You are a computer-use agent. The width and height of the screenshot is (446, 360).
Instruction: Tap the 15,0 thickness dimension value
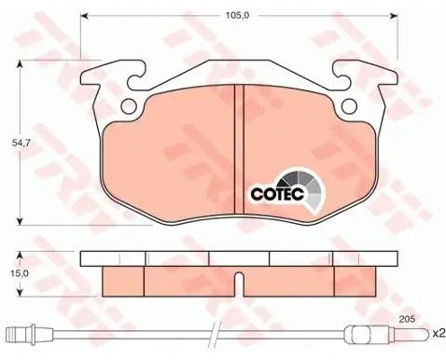click(21, 273)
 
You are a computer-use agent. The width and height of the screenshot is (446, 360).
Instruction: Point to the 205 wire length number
click(408, 319)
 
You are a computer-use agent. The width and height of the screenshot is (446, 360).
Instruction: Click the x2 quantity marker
click(439, 334)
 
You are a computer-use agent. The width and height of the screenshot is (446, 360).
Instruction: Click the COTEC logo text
click(277, 194)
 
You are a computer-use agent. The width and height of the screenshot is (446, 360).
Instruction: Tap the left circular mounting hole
click(129, 106)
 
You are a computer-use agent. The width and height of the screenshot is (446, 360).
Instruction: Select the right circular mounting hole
click(349, 106)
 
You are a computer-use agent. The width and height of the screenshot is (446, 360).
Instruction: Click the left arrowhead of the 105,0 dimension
click(85, 16)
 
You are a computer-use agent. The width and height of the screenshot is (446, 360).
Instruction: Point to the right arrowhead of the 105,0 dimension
click(394, 16)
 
